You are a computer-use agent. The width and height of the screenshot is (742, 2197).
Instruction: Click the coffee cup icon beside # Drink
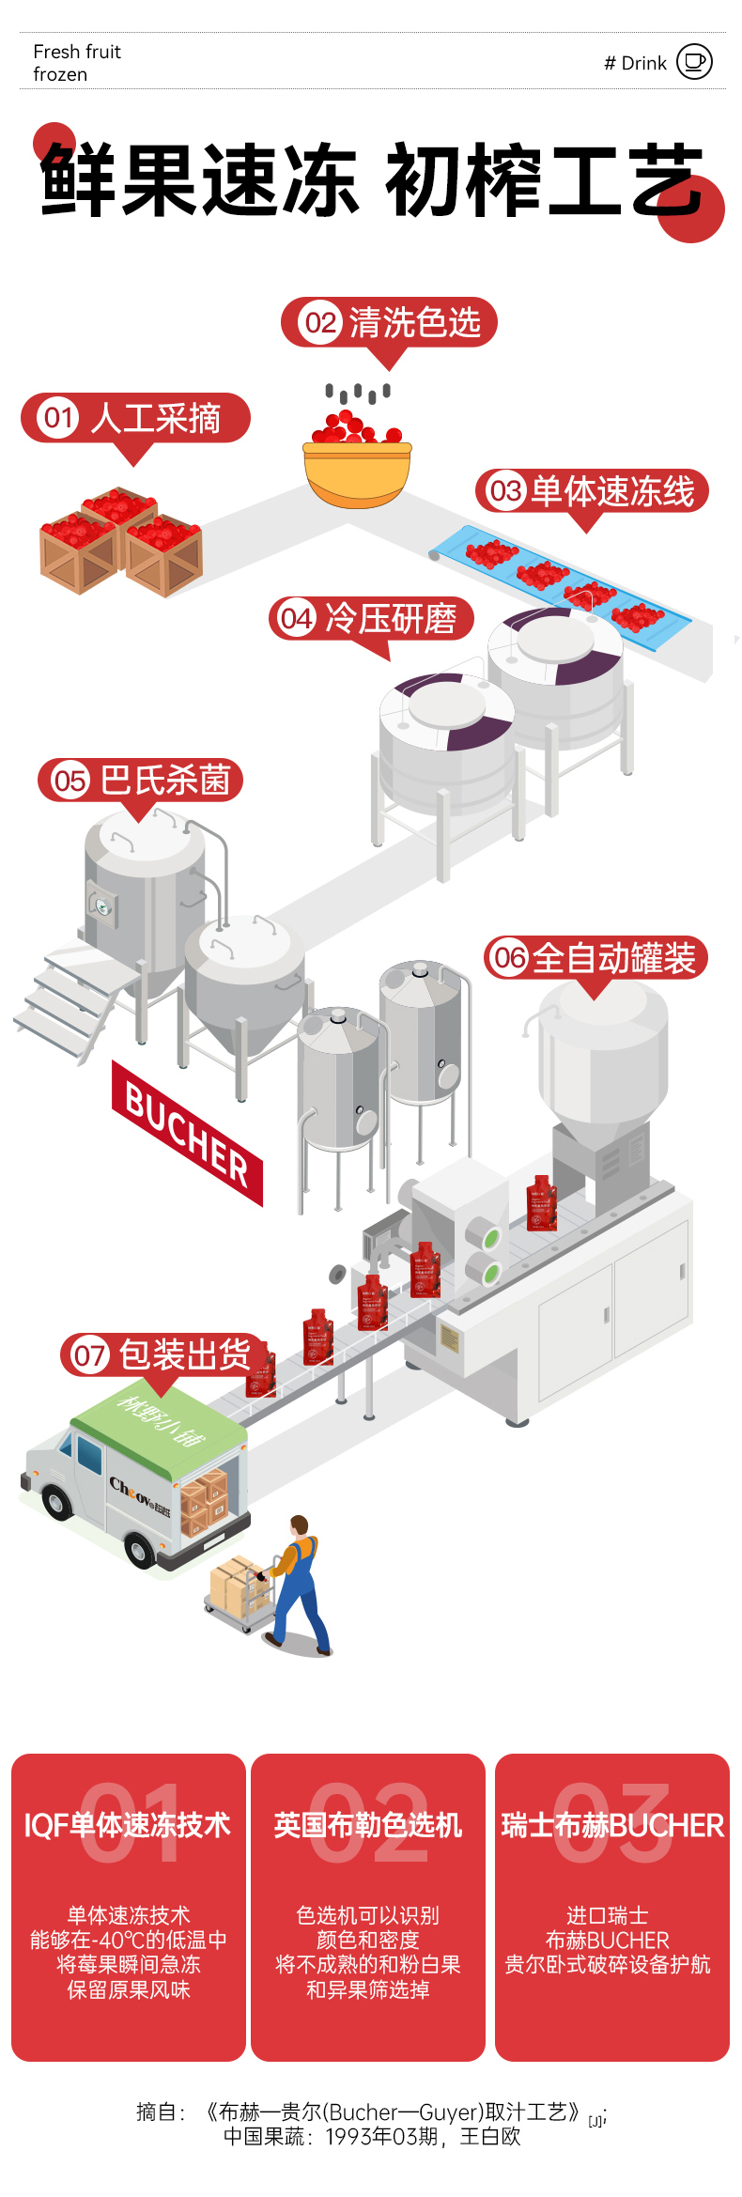click(694, 62)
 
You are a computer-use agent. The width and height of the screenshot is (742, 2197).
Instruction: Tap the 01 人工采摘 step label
click(135, 418)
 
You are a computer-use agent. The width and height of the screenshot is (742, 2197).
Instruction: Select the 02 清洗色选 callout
click(389, 323)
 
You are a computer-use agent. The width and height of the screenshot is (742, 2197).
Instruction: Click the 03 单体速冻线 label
click(592, 491)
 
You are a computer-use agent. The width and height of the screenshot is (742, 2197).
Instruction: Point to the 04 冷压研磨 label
click(371, 619)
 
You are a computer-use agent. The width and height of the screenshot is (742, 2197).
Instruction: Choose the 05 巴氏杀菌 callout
click(141, 781)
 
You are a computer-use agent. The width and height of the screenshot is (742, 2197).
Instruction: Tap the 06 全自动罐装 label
click(595, 958)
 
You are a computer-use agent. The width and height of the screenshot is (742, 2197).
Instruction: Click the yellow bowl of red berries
click(357, 470)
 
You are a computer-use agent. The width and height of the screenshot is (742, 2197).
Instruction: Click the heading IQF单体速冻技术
click(128, 1825)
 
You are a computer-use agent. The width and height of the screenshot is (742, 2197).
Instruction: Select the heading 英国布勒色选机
click(368, 1825)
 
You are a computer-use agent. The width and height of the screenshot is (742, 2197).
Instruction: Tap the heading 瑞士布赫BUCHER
click(612, 1825)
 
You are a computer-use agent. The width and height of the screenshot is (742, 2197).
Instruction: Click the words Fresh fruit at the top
click(77, 52)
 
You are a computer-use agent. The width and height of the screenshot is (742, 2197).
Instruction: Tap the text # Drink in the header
click(635, 63)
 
